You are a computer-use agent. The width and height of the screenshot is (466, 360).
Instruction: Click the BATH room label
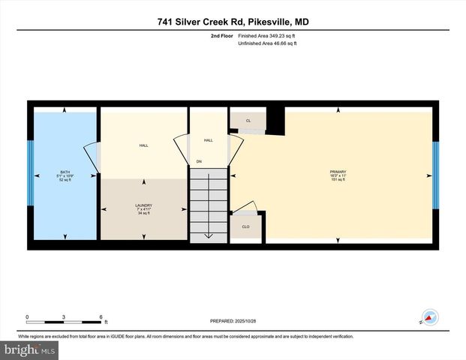click(x=65, y=171)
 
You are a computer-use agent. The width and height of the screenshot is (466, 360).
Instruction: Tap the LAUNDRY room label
click(x=143, y=205)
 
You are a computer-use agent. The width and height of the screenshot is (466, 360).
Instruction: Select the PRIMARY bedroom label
click(x=338, y=172)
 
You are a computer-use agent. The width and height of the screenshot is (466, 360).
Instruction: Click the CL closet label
click(x=248, y=120)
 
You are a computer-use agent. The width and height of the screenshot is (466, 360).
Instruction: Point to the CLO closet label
click(x=245, y=226)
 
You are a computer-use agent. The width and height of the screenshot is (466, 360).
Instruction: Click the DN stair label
click(x=199, y=161)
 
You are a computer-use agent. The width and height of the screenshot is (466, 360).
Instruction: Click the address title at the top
click(x=233, y=22)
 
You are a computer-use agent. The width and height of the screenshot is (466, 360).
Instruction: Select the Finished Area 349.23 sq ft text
click(x=268, y=35)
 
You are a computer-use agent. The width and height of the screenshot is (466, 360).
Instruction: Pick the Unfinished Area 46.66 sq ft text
click(x=268, y=44)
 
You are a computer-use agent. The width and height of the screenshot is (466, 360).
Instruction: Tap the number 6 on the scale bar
click(x=101, y=317)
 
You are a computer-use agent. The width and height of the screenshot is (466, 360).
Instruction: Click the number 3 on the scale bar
click(x=64, y=317)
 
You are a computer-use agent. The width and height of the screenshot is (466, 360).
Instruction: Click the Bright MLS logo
click(x=29, y=350)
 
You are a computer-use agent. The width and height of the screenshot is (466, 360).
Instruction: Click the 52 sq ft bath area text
click(x=65, y=181)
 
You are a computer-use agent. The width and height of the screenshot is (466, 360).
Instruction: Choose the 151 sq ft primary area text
click(x=338, y=181)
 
